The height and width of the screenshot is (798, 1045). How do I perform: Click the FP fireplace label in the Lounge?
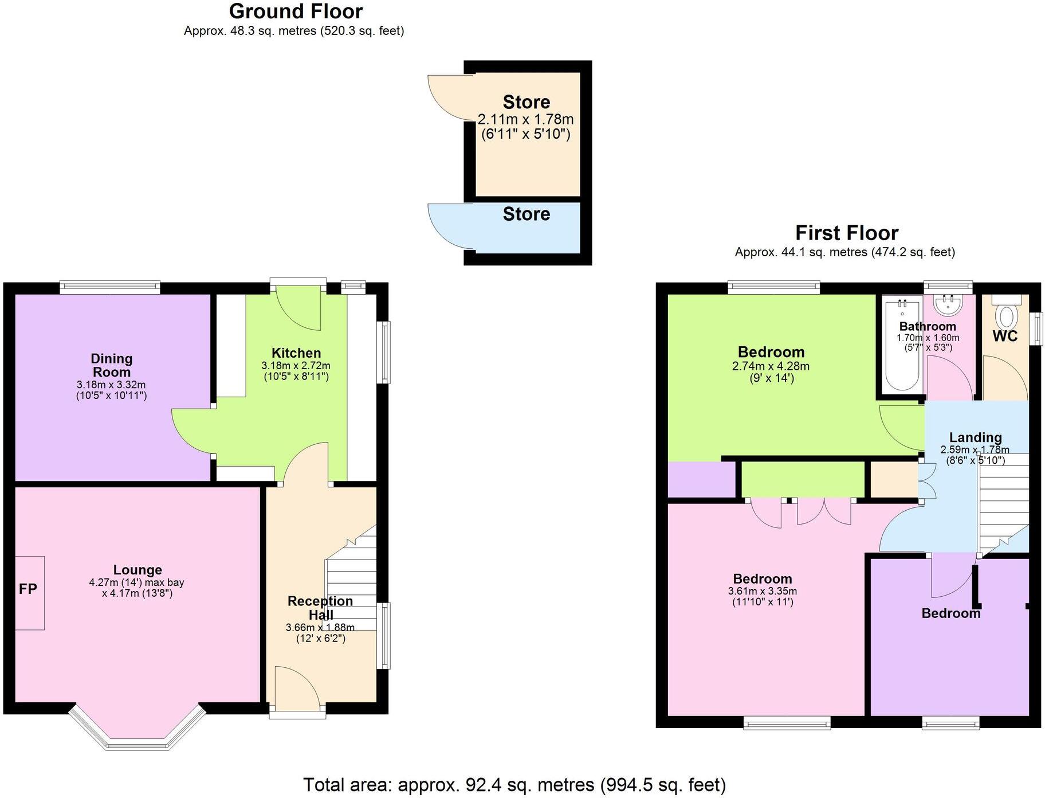point(27,589)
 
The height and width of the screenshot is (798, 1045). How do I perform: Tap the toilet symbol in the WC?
point(1007,316)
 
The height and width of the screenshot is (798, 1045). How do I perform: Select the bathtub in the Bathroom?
point(902,345)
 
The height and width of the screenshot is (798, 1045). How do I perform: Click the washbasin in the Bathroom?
point(949,304)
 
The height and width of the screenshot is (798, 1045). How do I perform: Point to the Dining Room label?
point(112,365)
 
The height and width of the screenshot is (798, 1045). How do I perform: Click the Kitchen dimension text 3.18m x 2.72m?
point(296,366)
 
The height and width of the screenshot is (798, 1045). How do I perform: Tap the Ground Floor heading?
point(296,11)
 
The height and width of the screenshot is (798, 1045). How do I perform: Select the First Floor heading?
point(846,233)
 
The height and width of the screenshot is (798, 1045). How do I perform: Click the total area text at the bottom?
point(514,784)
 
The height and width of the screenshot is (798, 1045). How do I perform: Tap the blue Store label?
point(526,214)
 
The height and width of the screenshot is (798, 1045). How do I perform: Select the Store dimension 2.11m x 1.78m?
point(525,119)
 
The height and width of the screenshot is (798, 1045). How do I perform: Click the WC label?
point(1005,336)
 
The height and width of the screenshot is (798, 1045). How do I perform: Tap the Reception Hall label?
point(320,608)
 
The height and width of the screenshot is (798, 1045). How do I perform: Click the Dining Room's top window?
point(110,287)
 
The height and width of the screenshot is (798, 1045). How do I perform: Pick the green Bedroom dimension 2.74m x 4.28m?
point(771,366)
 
